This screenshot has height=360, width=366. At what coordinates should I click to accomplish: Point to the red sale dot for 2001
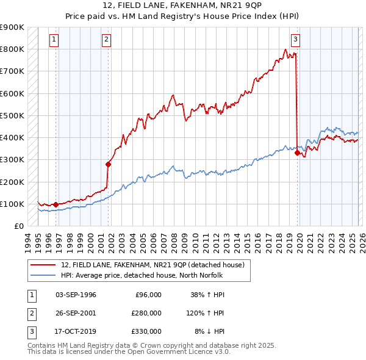[x=108, y=164]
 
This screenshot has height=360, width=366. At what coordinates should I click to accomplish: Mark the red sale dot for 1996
[x=56, y=204]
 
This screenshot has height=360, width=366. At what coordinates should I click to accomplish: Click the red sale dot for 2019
[x=297, y=153]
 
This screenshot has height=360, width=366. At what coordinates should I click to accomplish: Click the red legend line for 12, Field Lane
[x=43, y=265]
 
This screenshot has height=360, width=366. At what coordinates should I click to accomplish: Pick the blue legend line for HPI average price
[x=43, y=275]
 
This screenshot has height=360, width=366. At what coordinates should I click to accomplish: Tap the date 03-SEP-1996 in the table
[x=76, y=295]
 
